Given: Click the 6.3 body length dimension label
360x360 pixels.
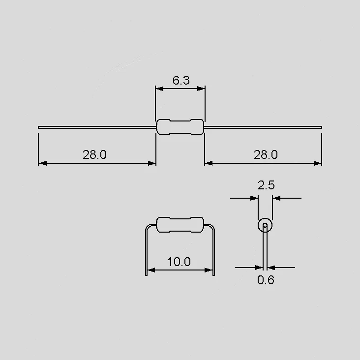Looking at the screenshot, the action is tap(181, 80).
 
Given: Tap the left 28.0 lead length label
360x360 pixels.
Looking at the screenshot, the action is tap(94, 154).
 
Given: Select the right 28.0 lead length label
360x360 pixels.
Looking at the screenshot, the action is tap(266, 154).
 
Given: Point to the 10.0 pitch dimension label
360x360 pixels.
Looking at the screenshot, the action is tap(179, 262).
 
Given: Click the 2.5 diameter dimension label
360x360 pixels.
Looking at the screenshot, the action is tap(266, 185).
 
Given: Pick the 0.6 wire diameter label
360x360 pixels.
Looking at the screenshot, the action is tap(266, 280).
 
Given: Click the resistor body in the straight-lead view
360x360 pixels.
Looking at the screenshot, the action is tap(180, 127).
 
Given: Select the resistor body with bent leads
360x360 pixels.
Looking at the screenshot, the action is tap(180, 225).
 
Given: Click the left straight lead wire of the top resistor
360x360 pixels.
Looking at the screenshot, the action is tap(97, 127).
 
